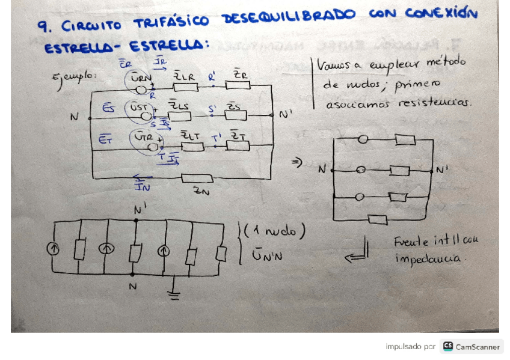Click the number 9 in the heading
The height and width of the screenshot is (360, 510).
pos(41,26)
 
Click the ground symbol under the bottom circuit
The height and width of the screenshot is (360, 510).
pos(175,294)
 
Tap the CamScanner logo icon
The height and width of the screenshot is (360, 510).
pos(447,346)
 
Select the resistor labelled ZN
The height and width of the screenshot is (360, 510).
pos(197,178)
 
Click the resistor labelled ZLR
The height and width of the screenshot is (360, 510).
pos(185,88)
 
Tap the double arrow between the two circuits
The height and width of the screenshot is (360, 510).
pos(296,163)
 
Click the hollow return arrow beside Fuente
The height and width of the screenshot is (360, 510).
pos(356,257)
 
